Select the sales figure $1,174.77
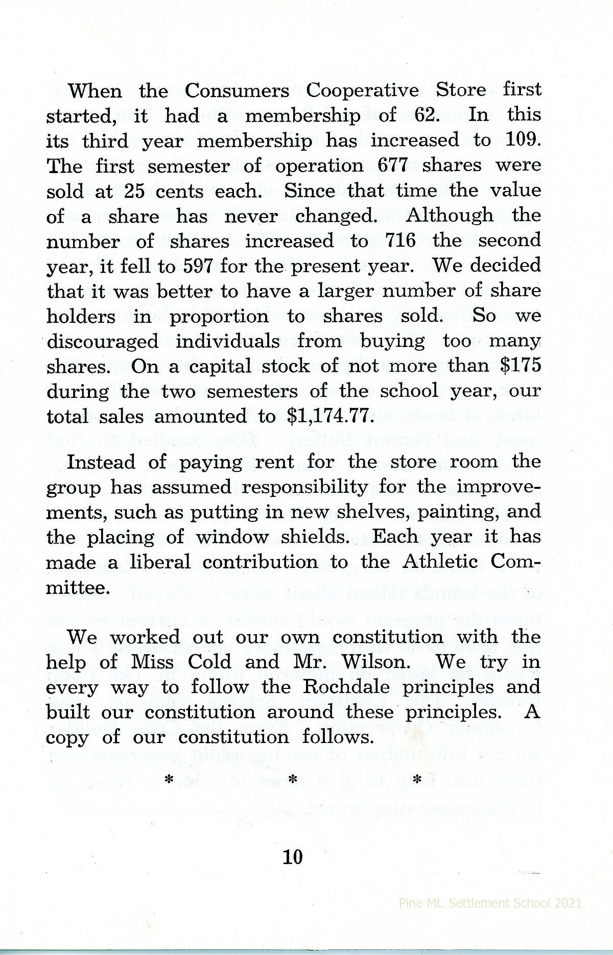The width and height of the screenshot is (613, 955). [x=328, y=416]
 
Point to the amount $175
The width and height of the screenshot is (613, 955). [x=518, y=366]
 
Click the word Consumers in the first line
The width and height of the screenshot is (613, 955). [x=237, y=90]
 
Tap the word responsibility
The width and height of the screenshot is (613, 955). [x=304, y=487]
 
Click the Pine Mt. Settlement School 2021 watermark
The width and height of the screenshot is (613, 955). [x=490, y=902]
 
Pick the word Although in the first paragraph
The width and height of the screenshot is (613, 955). [x=450, y=216]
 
